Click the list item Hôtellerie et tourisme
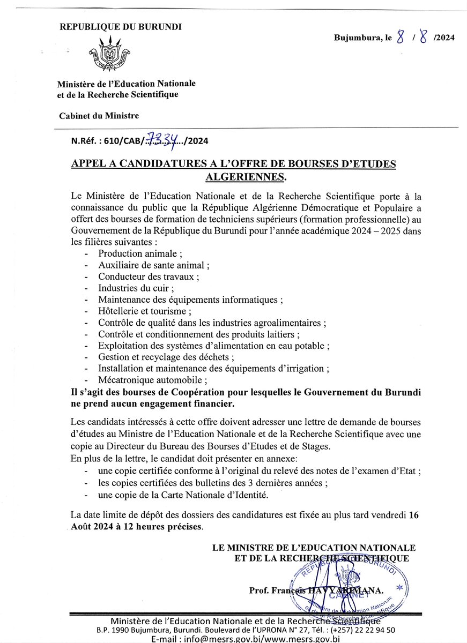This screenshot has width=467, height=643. [144, 311]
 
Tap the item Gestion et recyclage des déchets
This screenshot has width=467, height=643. [166, 357]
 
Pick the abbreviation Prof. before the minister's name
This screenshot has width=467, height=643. [259, 590]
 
